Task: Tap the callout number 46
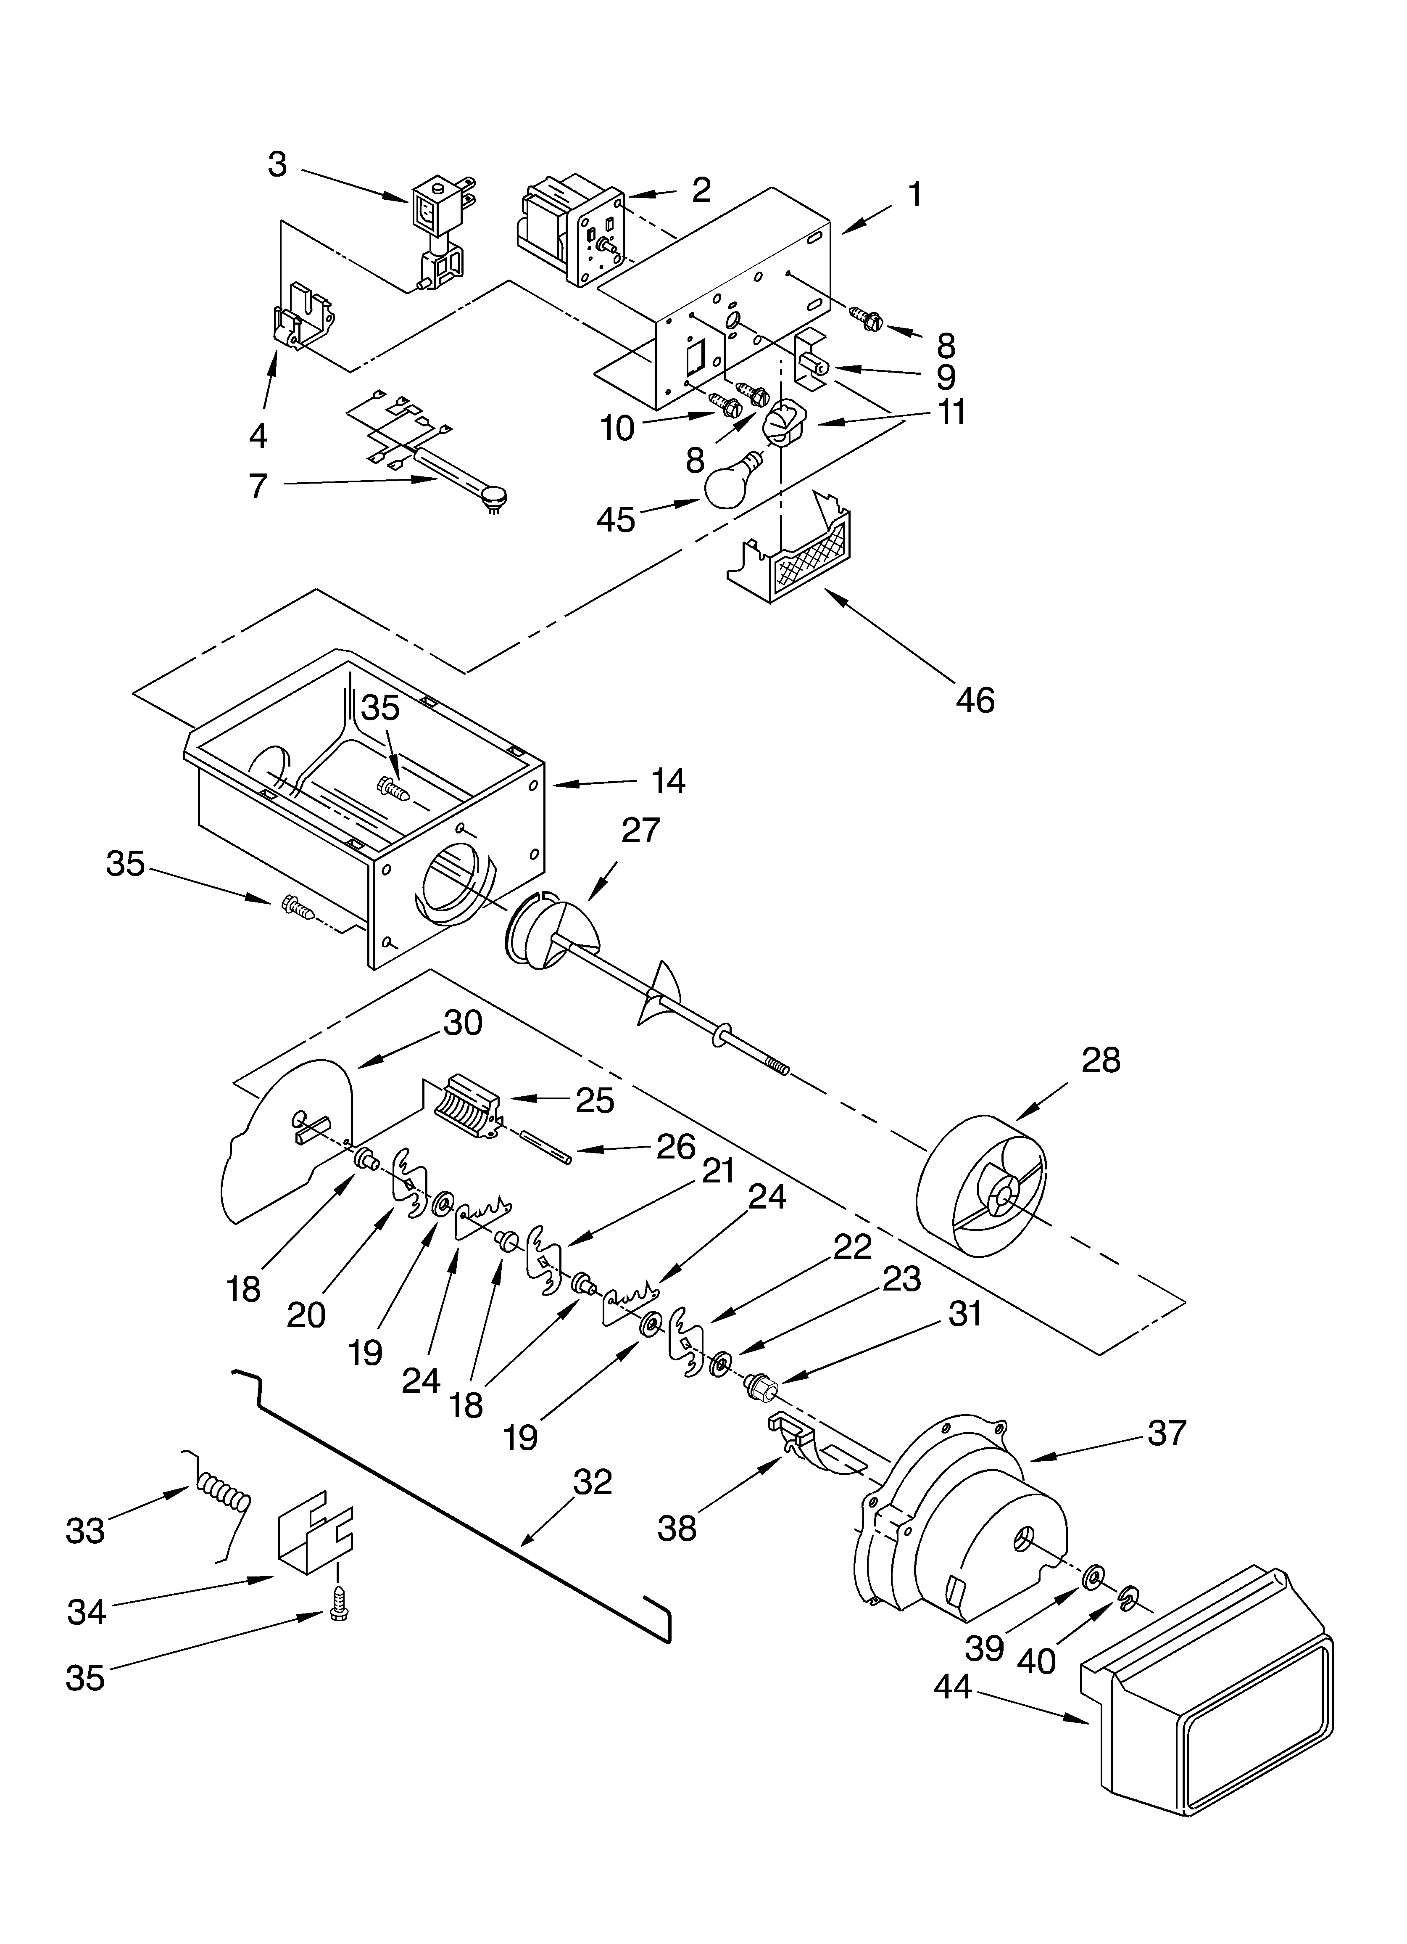[975, 700]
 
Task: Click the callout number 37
[1166, 1432]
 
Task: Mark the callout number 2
[701, 190]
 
